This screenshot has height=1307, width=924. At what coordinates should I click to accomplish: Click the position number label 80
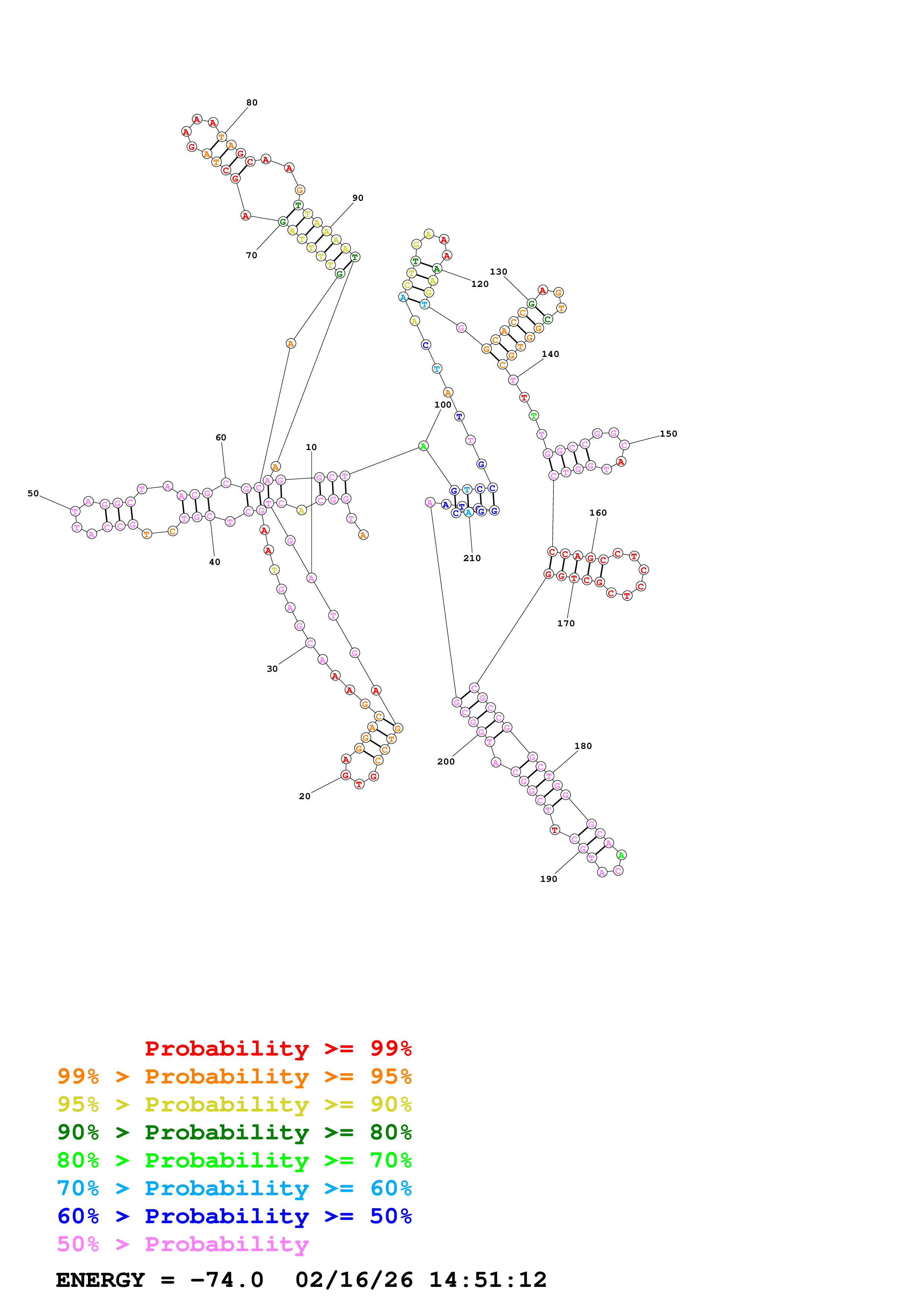252,102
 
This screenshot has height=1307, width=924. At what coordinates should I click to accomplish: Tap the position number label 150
668,434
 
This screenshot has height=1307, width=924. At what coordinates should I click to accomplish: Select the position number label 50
33,494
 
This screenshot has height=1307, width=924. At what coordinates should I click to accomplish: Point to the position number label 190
548,879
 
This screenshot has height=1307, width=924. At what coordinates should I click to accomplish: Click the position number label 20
305,796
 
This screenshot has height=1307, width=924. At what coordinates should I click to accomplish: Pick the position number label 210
472,558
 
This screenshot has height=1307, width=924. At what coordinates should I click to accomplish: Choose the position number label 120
480,284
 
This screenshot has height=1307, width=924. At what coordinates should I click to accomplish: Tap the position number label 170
566,623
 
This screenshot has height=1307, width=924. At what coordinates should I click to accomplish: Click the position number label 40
215,562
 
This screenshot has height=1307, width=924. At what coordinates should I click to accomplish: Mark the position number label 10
311,447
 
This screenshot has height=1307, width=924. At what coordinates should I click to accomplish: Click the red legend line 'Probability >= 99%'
278,1048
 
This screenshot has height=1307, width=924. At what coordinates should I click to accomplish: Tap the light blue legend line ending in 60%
234,1188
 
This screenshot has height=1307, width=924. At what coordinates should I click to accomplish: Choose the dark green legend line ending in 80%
234,1132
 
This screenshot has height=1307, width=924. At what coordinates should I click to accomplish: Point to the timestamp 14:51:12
487,1280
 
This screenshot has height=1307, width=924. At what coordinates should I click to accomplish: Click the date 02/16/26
354,1280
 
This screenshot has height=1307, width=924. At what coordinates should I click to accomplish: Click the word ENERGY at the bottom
100,1280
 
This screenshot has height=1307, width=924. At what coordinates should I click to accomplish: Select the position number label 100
442,405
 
